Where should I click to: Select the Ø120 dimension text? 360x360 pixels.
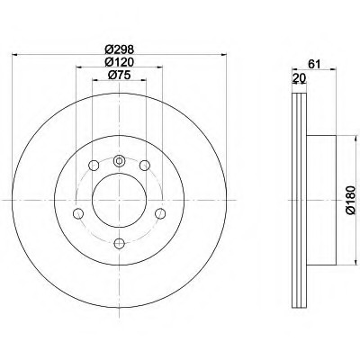click(119, 61)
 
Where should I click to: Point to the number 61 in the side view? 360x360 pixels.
click(315, 64)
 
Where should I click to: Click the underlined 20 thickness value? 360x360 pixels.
click(299, 78)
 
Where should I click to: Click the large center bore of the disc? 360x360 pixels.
click(119, 193)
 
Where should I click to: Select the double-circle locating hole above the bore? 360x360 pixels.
click(120, 159)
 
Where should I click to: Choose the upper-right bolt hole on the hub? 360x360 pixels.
click(145, 166)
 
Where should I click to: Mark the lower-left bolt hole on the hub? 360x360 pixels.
click(77, 212)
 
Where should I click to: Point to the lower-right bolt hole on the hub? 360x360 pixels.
click(161, 212)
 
